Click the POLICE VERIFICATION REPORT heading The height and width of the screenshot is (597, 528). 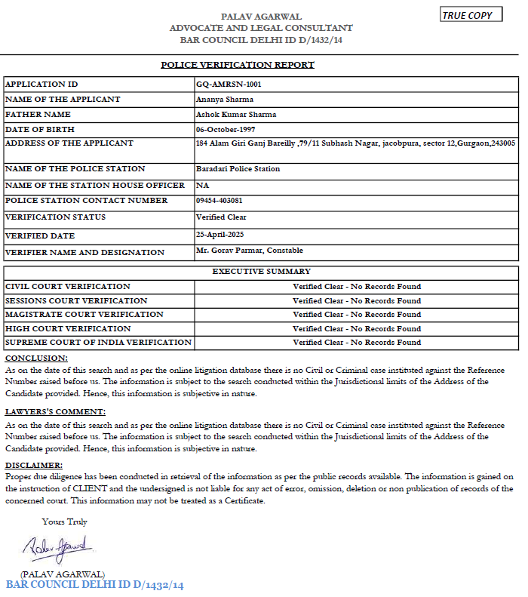coord(238,65)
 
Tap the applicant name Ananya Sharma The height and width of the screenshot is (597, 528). coord(225,100)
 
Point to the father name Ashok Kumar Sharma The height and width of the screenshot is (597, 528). coord(236,115)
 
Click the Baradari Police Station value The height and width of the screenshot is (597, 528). coord(238,169)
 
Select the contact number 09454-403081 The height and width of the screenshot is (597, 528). coord(219,201)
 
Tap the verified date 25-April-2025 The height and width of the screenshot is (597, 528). coord(221,235)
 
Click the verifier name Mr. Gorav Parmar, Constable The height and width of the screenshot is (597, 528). coord(249,250)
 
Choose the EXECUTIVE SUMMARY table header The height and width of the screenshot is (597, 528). coord(261,271)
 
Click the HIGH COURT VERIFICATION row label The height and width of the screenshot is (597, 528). coord(68,329)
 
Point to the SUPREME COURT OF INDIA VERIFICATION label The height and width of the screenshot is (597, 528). coord(98,343)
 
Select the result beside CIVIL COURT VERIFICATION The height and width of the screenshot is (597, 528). coord(357,287)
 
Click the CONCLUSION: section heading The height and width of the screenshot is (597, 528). coord(36,358)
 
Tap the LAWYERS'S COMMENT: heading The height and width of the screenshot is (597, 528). coord(55,412)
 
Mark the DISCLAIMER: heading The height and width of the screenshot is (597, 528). coord(34,466)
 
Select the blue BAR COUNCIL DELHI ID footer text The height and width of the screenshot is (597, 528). coord(95,586)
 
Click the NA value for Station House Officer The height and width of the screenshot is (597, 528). coord(202,186)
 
